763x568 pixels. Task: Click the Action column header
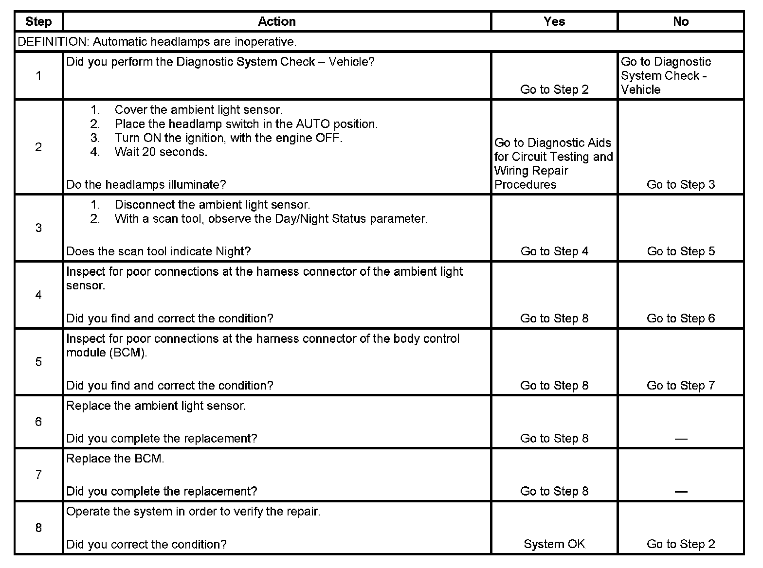coord(276,22)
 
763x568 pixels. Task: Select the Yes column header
coord(554,22)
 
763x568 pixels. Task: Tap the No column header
coord(681,22)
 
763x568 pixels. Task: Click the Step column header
coord(38,22)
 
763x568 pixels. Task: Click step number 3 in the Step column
coord(38,228)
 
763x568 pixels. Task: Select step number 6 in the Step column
coord(38,422)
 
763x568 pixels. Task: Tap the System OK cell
coord(554,544)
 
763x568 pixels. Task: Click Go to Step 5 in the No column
coord(681,251)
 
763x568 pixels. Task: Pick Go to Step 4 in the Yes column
coord(554,251)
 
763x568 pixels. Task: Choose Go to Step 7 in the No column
coord(681,386)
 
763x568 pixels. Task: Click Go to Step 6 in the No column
coord(681,319)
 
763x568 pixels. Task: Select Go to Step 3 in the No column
coord(681,185)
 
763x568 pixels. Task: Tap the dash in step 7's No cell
coord(681,492)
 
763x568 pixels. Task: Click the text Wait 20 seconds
coord(161,152)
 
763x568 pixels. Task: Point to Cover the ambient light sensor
coord(198,110)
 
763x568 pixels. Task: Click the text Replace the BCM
coord(115,459)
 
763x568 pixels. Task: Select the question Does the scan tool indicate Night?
coord(158,251)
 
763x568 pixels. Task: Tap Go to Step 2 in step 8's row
coord(681,544)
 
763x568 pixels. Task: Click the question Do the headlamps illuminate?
coord(146,185)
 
